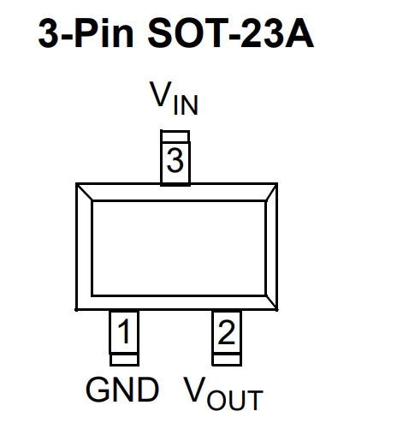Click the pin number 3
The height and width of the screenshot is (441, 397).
point(175,160)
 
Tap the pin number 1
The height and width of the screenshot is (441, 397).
point(124,331)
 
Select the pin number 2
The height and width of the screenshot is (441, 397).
point(227,331)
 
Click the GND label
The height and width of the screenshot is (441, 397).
point(122,390)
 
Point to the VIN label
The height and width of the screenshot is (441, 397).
point(174,98)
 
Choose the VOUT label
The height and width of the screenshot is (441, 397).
point(222,393)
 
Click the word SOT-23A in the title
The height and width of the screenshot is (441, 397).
point(231,33)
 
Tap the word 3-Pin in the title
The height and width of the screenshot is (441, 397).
point(86,33)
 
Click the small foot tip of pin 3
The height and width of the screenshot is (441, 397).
point(175,136)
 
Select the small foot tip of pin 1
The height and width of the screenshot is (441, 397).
point(124,360)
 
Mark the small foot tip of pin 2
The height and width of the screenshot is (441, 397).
point(227,360)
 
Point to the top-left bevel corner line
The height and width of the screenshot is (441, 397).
point(84,192)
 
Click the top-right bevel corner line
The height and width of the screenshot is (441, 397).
point(271,193)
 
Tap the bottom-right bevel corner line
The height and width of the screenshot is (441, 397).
point(271,302)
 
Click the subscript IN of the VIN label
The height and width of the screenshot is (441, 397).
point(186,105)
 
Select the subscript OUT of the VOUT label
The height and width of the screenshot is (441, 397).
point(235,400)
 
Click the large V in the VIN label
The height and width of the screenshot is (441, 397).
point(161,93)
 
